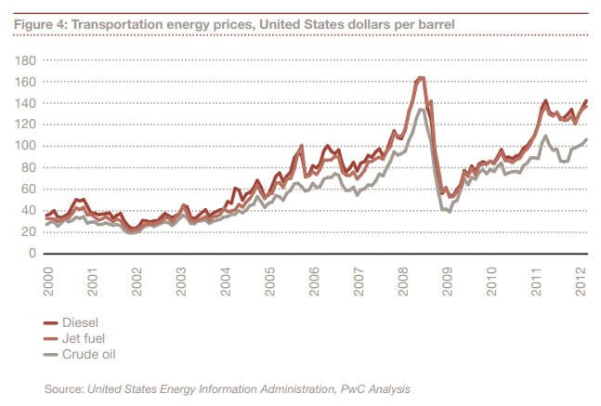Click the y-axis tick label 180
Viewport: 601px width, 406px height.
click(25, 60)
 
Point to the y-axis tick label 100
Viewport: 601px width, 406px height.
click(25, 146)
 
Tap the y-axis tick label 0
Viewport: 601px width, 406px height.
click(32, 253)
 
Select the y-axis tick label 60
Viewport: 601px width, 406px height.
click(28, 189)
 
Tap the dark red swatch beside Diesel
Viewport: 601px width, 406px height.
click(52, 322)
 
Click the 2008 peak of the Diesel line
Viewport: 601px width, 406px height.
click(421, 78)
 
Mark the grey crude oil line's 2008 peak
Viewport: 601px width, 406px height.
click(422, 110)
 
